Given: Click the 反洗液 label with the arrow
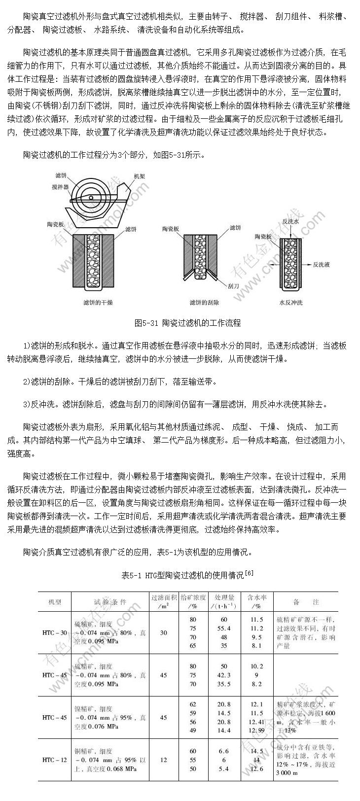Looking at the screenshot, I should [x=321, y=264].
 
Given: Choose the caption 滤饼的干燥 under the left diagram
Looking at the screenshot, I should [x=98, y=302].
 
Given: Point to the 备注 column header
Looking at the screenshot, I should [x=306, y=602].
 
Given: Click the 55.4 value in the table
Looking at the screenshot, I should [x=224, y=628].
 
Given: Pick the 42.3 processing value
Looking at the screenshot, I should [x=224, y=675].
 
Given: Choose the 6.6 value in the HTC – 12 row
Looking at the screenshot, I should [x=224, y=751].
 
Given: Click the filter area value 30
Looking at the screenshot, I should [x=163, y=632].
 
